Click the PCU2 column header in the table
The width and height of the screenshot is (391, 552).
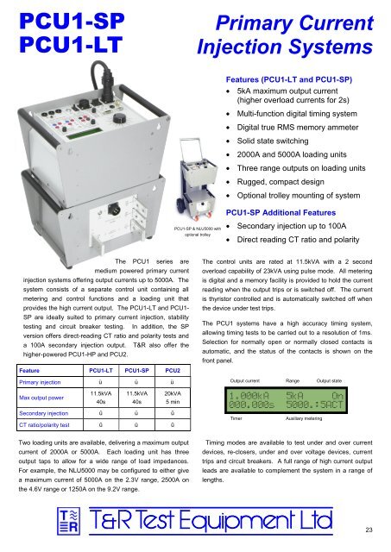click(177, 370)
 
